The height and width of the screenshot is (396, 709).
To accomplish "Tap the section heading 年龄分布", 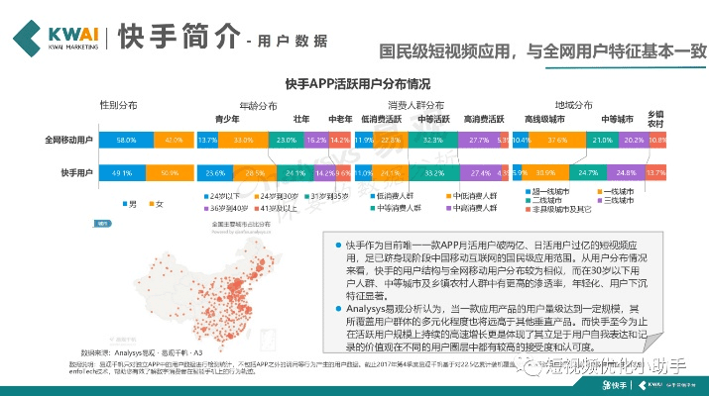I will click(260, 104).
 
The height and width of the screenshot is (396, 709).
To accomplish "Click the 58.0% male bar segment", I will click(126, 141).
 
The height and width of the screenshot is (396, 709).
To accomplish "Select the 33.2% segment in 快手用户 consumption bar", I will click(432, 172).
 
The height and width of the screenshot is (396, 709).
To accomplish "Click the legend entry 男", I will click(129, 203).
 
